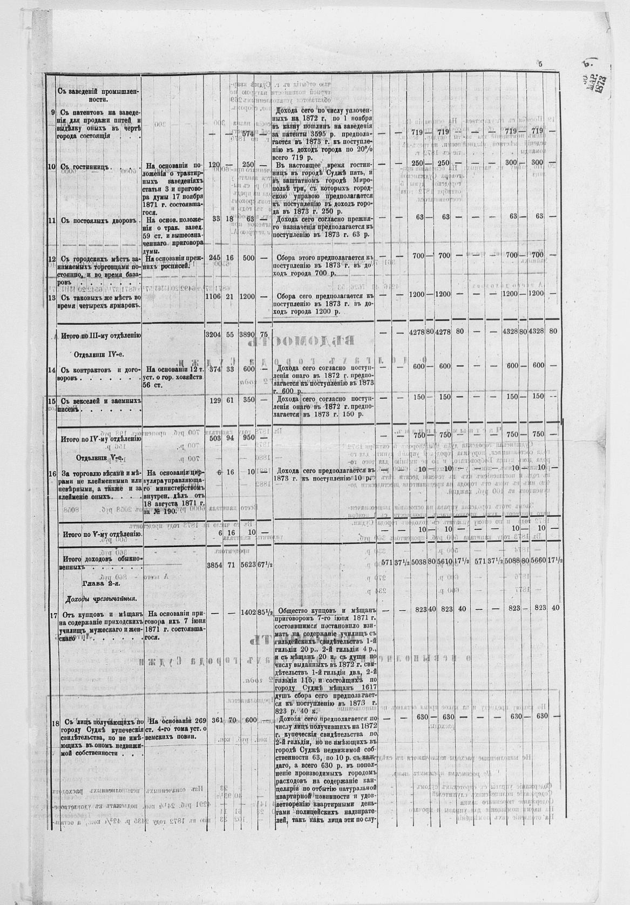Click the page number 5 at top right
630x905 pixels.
pyautogui.click(x=539, y=64)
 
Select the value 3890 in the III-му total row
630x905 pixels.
pyautogui.click(x=248, y=335)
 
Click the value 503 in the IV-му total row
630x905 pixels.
pyautogui.click(x=215, y=438)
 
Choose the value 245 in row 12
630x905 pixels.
pyautogui.click(x=215, y=258)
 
